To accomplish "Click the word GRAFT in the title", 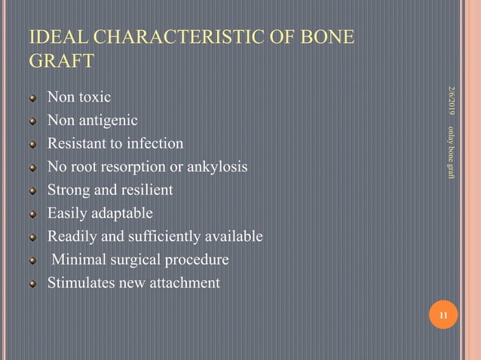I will click(61, 61).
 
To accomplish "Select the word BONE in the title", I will click(325, 37).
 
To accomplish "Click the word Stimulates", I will click(82, 284).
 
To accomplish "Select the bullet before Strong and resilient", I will click(32, 191).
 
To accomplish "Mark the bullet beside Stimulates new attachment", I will click(32, 284).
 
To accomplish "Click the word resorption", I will click(130, 167).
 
